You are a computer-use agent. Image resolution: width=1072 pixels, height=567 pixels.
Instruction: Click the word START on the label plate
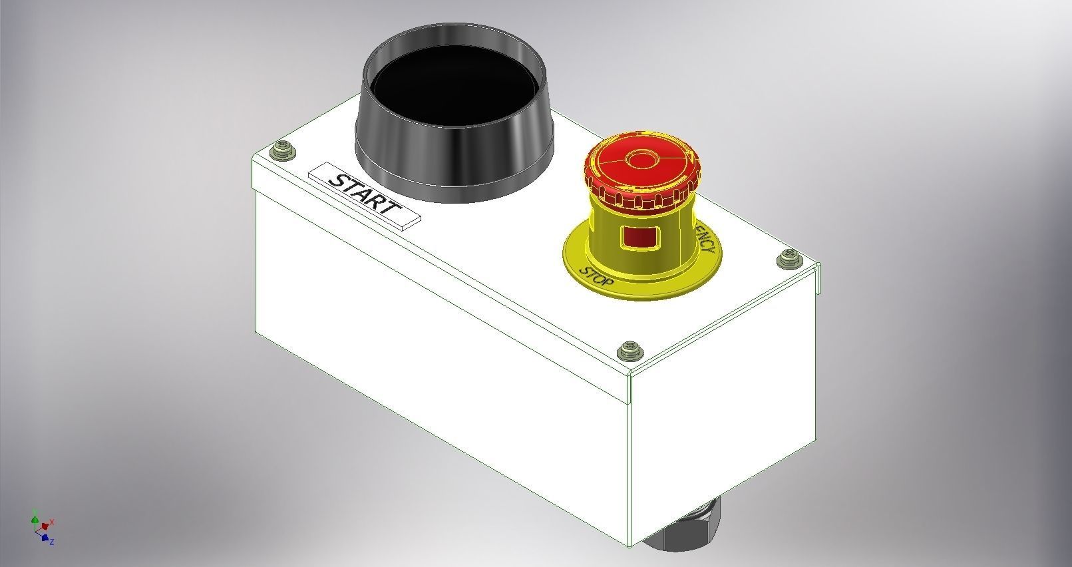tap(365, 194)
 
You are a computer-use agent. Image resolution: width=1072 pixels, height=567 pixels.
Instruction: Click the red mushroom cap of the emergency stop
tap(642, 163)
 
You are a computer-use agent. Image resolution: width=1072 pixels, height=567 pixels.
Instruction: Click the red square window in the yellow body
tap(639, 238)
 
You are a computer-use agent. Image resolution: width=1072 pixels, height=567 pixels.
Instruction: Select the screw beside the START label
tap(283, 151)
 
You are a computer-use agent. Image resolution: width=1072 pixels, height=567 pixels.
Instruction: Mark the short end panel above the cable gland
tap(722, 433)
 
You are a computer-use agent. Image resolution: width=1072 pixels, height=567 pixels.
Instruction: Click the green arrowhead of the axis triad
tap(35, 515)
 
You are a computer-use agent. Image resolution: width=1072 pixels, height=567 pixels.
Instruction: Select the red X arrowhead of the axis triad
tap(45, 526)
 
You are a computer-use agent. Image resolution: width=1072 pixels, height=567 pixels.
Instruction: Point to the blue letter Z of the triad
tap(52, 542)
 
